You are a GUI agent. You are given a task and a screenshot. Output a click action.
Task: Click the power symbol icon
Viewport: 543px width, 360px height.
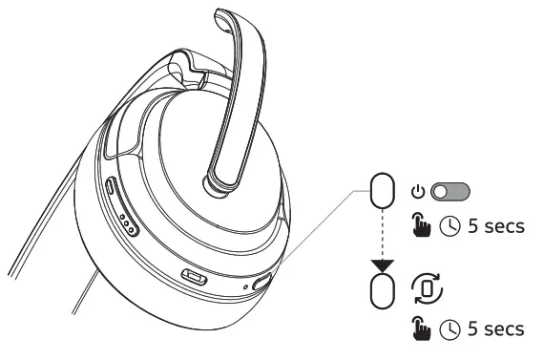click(417, 190)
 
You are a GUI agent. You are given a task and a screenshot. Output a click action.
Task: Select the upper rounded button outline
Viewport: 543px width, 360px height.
click(382, 191)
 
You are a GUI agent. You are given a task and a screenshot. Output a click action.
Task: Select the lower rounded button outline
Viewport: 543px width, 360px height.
click(382, 290)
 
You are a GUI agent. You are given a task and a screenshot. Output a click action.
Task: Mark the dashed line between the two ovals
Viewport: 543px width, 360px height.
click(382, 234)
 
